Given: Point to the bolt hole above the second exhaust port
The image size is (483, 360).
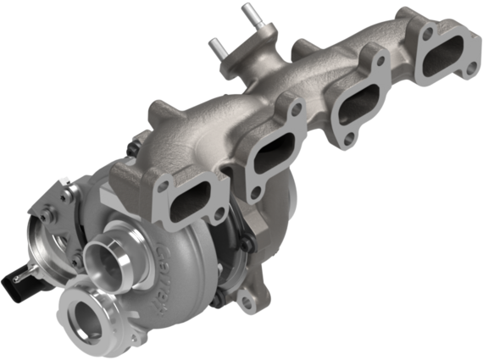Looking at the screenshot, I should (x=293, y=108).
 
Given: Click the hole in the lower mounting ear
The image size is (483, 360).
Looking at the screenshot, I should (x=249, y=301).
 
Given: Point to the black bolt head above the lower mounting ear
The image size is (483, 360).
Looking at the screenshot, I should (x=241, y=248).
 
